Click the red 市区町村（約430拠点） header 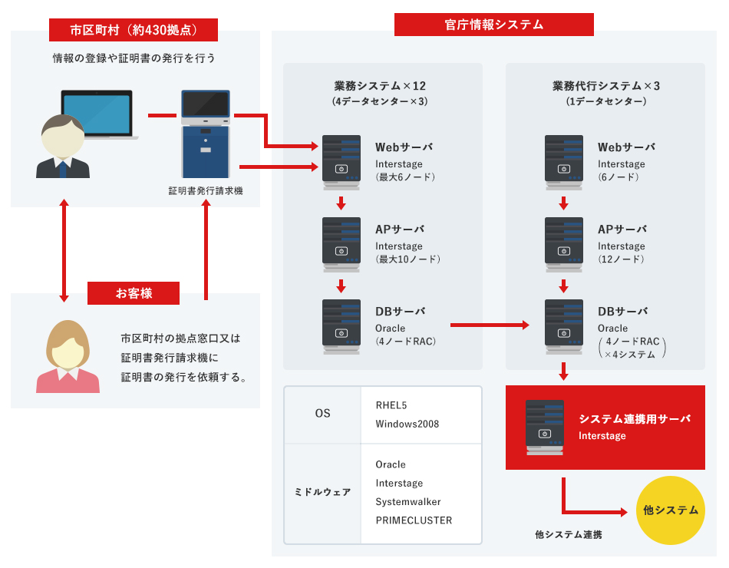pos(134,30)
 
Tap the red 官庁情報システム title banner pos(493,25)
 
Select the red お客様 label pos(134,293)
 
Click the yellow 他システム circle pos(671,510)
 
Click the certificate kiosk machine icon pos(205,134)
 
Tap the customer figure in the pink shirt pos(68,357)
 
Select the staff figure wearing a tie pos(63,147)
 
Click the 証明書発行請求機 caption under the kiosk pos(206,190)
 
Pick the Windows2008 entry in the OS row pos(407,424)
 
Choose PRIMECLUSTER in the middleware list pos(414,520)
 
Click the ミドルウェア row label pos(322,492)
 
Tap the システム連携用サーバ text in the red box pos(635,419)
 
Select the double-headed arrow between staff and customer pos(64,249)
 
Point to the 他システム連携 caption pos(569,534)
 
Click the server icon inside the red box pos(545,428)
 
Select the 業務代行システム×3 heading pos(606,86)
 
